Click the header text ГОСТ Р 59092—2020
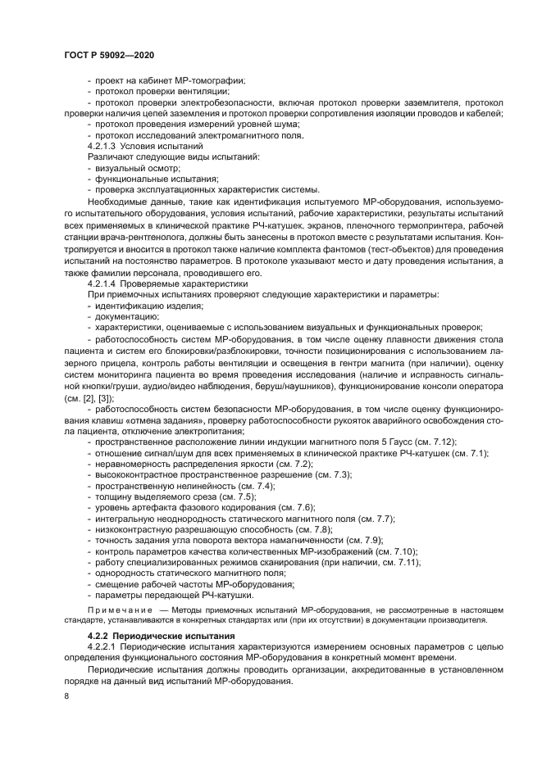(108, 54)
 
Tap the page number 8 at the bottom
(66, 696)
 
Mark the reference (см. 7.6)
(269, 507)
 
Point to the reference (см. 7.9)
(358, 540)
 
